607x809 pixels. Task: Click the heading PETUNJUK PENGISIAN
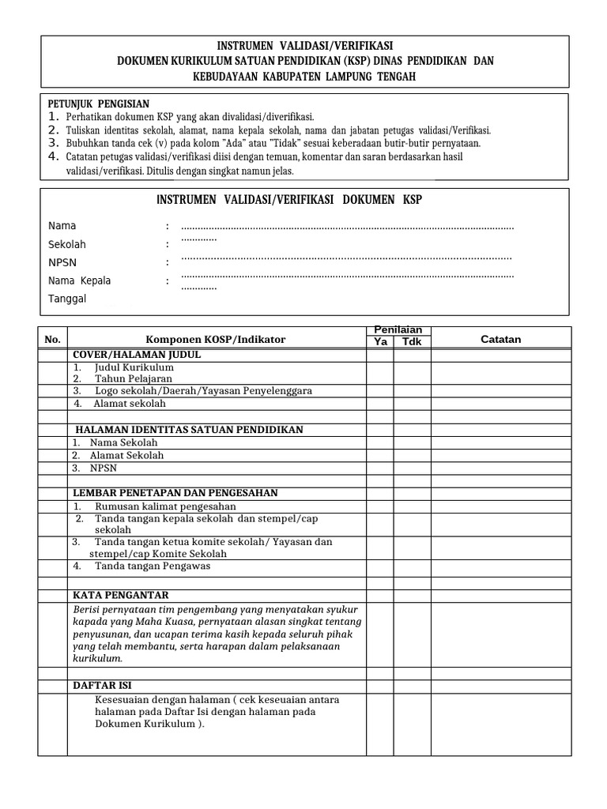(99, 103)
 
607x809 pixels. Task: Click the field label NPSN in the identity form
(62, 262)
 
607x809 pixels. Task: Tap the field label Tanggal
(67, 299)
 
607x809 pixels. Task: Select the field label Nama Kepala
(80, 280)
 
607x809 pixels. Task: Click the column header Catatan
(501, 340)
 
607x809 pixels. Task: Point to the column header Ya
(379, 342)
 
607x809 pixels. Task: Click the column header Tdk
(412, 342)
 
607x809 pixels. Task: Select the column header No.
(53, 340)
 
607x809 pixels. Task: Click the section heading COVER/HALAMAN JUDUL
(137, 355)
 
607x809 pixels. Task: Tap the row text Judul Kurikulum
(134, 367)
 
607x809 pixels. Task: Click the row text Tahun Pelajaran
(133, 378)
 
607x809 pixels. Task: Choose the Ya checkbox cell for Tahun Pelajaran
(379, 378)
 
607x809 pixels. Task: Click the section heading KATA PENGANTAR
(121, 595)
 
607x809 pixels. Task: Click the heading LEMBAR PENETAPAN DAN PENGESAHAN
(175, 493)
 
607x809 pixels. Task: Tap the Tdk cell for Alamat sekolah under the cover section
(412, 404)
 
